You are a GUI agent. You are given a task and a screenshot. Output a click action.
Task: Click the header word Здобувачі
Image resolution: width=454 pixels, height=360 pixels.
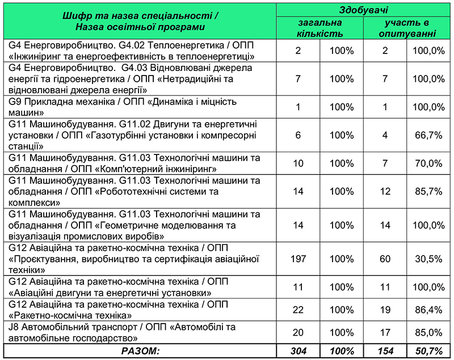tap(363, 10)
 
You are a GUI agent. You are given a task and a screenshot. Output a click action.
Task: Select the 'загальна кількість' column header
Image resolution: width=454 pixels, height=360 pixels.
tap(320, 28)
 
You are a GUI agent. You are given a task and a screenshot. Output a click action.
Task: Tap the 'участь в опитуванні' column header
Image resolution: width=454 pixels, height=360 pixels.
tap(407, 28)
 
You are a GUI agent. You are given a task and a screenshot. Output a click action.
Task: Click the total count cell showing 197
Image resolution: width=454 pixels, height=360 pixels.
tap(298, 259)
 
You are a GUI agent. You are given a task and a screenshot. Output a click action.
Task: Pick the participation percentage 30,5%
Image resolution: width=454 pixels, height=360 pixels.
tap(428, 259)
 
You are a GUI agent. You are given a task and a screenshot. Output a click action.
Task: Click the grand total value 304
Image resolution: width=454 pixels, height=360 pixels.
tap(298, 351)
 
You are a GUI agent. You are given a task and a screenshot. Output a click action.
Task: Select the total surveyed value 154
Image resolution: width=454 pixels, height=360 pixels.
tap(385, 351)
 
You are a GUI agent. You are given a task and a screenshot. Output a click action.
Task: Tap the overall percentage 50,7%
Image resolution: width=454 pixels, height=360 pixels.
tap(428, 351)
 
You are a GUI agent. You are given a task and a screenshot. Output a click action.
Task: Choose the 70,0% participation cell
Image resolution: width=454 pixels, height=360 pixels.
tap(428, 164)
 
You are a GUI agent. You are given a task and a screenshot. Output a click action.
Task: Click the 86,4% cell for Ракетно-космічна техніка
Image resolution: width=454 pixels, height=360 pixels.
tap(428, 310)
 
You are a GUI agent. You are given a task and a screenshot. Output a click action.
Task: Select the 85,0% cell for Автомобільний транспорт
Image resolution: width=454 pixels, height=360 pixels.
tap(428, 333)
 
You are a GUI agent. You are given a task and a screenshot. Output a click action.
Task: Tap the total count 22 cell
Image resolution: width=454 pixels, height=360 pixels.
tap(298, 310)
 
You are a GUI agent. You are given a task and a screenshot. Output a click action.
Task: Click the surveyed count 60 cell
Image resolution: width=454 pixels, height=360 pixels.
tap(385, 259)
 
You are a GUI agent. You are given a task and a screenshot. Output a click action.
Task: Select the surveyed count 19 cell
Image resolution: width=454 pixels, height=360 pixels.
tap(385, 310)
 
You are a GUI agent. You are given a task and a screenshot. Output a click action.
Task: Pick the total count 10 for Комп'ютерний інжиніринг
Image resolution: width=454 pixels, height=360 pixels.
tap(298, 164)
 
